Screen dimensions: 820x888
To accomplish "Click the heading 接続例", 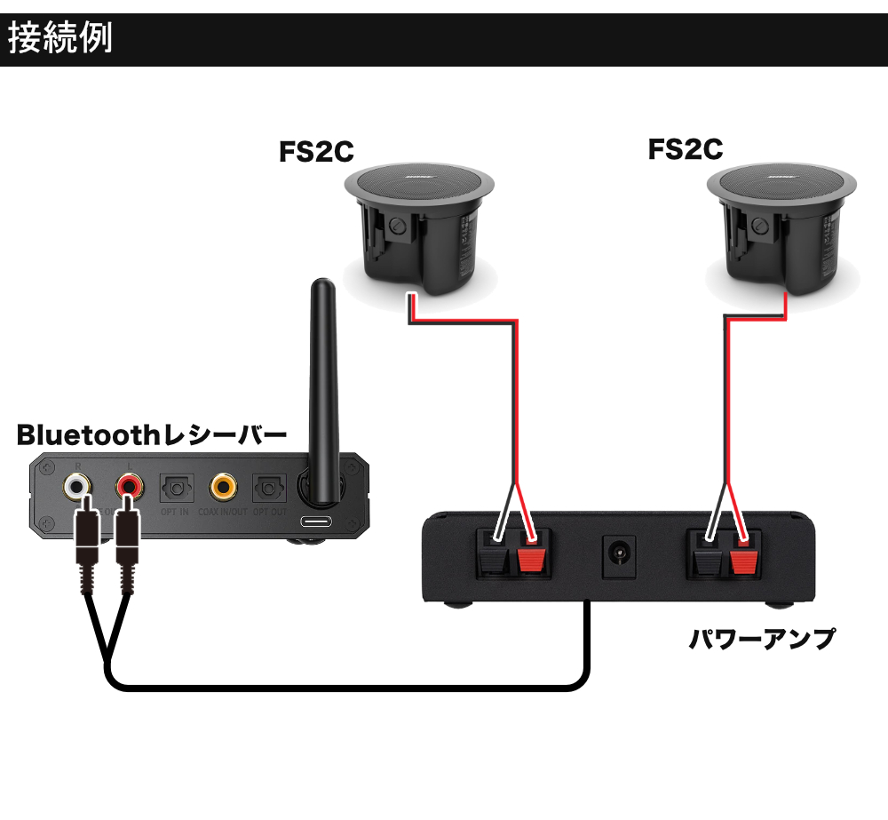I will point(60,39).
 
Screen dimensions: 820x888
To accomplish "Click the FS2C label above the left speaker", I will point(317,152).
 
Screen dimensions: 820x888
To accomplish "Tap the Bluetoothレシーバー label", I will point(152,435).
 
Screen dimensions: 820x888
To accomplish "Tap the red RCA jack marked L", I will point(130,486).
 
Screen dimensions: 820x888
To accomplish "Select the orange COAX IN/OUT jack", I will point(223,487).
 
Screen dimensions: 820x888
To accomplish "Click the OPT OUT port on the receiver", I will point(269,488).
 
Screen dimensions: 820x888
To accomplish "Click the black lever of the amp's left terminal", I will point(490,561).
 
